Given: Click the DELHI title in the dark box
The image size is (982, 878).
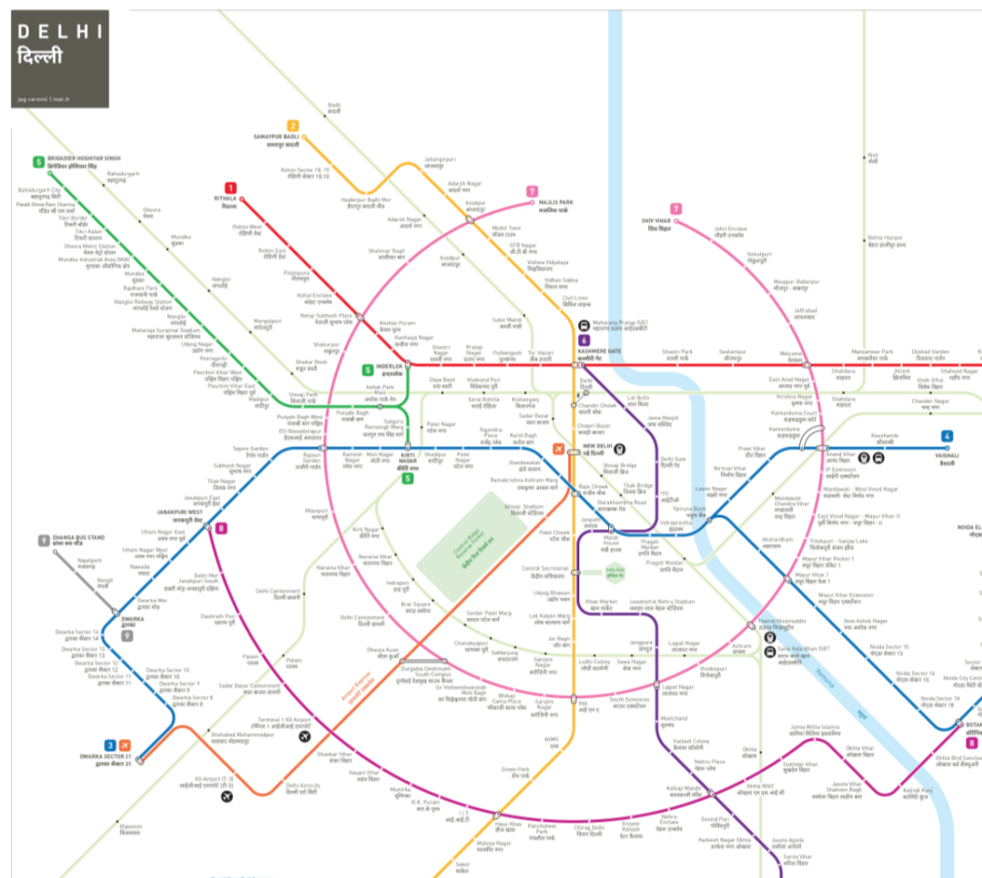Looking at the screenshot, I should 60,32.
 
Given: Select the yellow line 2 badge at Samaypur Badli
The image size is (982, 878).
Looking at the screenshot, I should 293,126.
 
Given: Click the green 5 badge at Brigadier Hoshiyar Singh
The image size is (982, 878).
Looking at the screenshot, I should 38,162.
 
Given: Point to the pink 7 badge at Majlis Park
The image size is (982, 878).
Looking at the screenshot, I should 532,192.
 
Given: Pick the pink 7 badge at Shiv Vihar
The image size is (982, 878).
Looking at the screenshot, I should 676,209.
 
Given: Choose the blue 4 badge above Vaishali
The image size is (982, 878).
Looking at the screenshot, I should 947,436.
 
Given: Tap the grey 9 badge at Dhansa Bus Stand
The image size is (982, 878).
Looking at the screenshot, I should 43,541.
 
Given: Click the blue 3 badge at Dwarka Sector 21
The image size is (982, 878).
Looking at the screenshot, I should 110,745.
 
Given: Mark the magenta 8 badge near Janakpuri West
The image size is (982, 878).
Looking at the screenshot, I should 221,528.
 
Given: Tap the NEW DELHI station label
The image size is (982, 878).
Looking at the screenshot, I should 600,446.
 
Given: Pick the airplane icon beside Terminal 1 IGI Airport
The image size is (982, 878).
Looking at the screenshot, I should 305,737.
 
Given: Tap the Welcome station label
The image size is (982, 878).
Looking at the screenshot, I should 790,355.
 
